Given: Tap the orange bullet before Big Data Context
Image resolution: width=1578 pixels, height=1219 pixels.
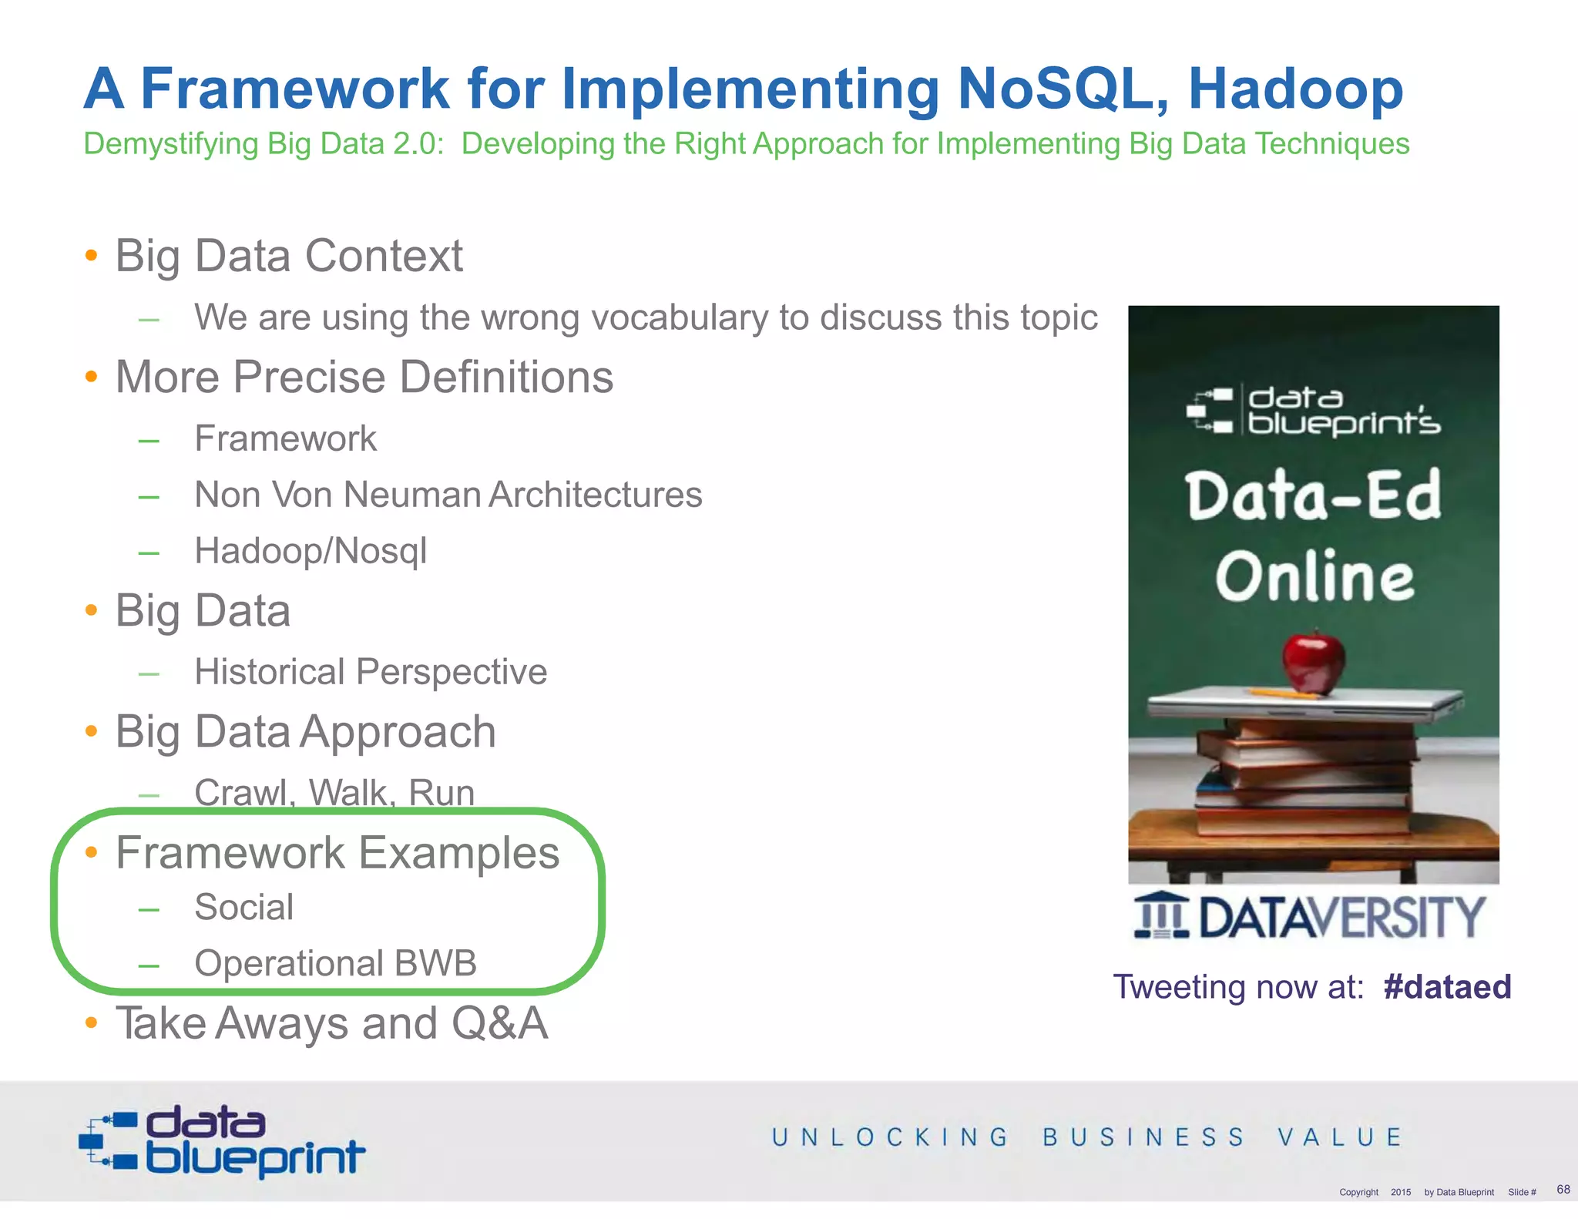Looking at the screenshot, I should [x=92, y=255].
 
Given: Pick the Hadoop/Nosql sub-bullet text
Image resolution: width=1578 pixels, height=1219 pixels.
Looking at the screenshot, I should [x=311, y=551].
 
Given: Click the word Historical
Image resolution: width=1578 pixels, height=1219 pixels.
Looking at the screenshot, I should [x=268, y=672].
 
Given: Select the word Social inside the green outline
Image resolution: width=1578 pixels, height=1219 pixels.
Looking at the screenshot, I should [x=244, y=907].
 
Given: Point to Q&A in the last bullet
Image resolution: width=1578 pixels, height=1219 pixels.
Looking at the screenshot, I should [x=500, y=1024].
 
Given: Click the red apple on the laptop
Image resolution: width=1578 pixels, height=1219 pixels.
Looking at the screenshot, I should [x=1314, y=661].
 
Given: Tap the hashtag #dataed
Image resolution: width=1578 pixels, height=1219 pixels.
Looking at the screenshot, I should [x=1447, y=987].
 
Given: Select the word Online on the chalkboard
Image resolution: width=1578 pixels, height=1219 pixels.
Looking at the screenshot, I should [x=1314, y=577].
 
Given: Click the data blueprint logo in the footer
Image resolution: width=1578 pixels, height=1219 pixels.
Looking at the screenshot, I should [x=222, y=1141].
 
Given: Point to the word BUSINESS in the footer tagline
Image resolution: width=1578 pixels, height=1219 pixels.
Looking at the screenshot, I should [x=1143, y=1137].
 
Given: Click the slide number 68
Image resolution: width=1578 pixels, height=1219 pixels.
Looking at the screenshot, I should [x=1563, y=1189].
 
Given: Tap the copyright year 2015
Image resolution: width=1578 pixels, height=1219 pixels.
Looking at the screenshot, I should [x=1401, y=1192].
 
